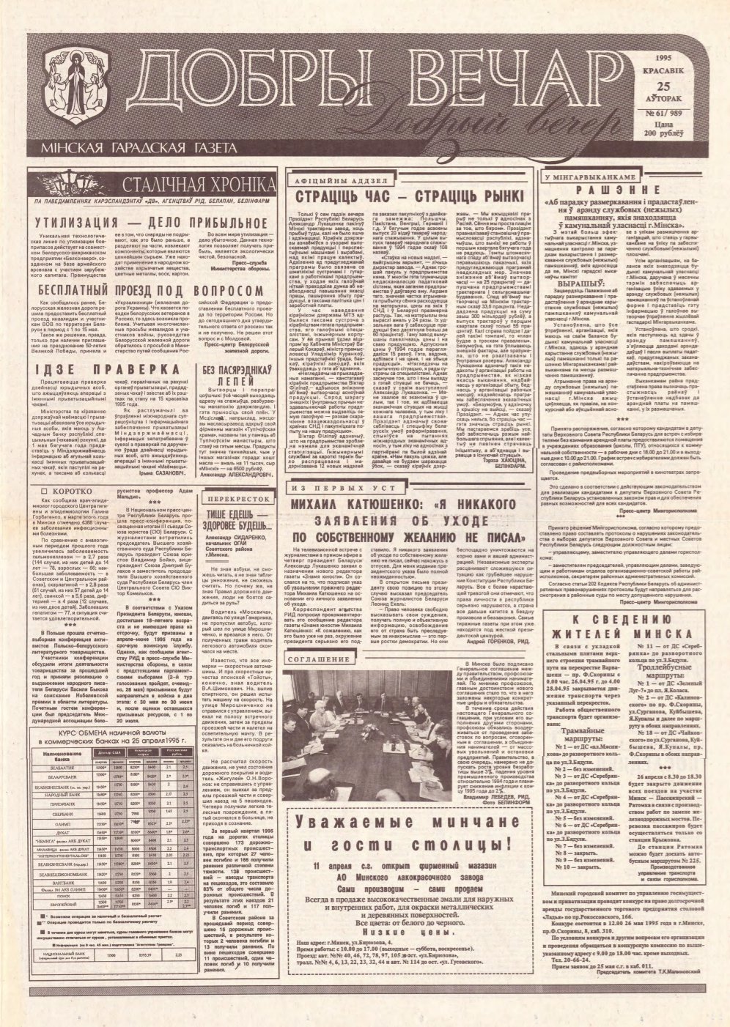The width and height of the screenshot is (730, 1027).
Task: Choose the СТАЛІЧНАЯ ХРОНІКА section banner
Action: [x=188, y=185]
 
